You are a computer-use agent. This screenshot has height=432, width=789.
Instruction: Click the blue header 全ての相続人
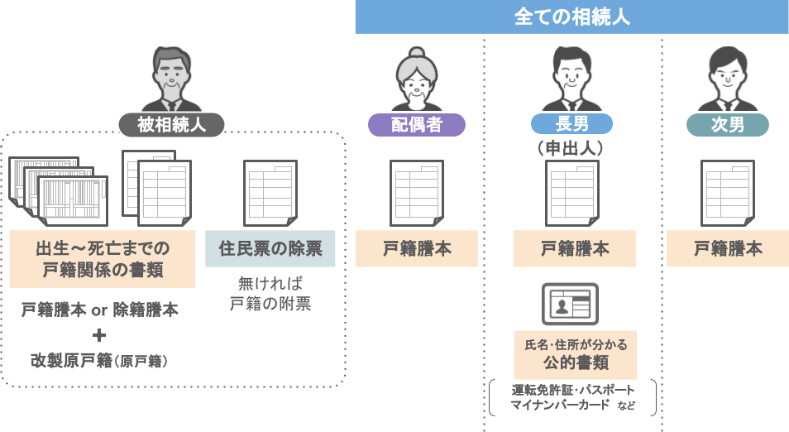(x=571, y=17)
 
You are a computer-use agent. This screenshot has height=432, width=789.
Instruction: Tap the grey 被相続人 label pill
(x=171, y=125)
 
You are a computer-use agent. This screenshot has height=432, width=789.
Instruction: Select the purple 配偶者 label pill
(x=417, y=125)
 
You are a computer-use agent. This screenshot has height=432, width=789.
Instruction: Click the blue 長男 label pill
(x=571, y=125)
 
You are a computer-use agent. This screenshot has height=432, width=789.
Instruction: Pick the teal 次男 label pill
(x=728, y=125)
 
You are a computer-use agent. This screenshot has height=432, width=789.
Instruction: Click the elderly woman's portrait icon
(x=417, y=79)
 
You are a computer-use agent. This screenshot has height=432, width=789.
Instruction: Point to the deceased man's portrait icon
(x=171, y=79)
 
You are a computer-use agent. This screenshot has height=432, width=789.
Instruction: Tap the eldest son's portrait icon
(x=571, y=79)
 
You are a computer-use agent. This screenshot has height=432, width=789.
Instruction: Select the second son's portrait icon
(x=728, y=79)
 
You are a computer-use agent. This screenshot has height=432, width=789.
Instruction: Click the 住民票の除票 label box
(x=270, y=248)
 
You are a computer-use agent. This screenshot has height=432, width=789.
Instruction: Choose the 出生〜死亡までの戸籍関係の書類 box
(x=103, y=259)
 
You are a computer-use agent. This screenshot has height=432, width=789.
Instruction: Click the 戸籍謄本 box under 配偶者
(x=417, y=248)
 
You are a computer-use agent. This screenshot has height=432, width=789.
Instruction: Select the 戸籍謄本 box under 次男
(x=728, y=248)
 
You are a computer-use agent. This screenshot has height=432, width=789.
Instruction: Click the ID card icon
(x=571, y=305)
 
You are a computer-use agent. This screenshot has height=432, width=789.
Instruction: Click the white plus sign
(x=99, y=335)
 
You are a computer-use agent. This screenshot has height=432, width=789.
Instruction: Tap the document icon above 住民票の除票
(x=270, y=192)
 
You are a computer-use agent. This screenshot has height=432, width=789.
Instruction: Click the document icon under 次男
(x=728, y=192)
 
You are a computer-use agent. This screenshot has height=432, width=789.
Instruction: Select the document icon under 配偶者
(x=417, y=192)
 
